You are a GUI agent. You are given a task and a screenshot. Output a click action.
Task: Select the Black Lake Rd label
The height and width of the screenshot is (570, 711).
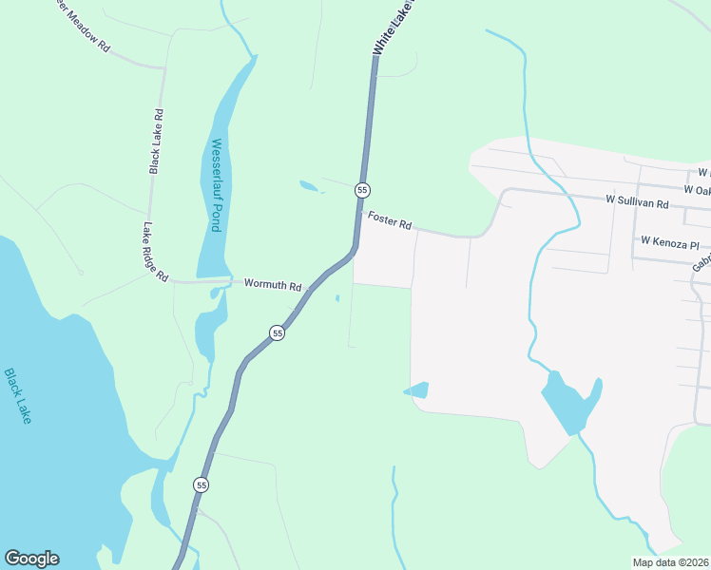click(157, 142)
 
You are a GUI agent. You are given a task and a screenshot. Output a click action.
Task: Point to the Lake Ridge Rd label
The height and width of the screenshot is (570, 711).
click(155, 252)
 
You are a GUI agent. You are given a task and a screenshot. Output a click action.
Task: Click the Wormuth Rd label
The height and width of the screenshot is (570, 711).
click(272, 284)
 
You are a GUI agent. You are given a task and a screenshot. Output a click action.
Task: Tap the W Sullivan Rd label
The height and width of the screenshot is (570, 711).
click(638, 202)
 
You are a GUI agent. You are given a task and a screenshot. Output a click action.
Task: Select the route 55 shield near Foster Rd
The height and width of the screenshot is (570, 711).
click(362, 190)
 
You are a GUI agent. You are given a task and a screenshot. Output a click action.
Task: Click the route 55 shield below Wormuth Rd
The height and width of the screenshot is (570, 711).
click(277, 332)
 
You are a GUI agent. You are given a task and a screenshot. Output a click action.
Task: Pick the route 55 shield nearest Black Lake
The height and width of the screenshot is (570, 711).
click(201, 484)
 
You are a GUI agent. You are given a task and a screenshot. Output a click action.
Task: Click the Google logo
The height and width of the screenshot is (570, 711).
click(31, 559)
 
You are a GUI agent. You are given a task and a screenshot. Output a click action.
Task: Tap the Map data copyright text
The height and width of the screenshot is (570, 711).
click(669, 562)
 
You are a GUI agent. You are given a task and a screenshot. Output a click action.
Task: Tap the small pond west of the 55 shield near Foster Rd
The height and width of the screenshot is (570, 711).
click(311, 186)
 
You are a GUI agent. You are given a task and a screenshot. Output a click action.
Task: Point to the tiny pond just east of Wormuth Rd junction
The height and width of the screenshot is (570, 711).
click(337, 298)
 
